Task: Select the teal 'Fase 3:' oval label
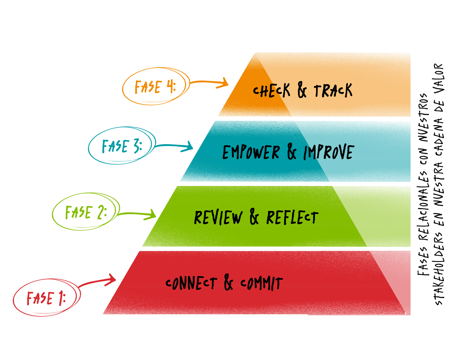click(122, 146)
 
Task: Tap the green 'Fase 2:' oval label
click(86, 212)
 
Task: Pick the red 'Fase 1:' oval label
click(47, 298)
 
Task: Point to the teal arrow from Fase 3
click(174, 145)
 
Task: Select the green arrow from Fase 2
click(137, 214)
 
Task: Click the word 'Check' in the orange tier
click(271, 90)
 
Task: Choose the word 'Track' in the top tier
click(333, 90)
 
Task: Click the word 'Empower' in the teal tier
click(251, 152)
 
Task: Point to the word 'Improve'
click(329, 152)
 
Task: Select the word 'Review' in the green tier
click(218, 217)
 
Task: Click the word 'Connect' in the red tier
click(191, 283)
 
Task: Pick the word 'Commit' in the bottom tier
click(262, 283)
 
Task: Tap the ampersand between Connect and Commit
click(228, 282)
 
